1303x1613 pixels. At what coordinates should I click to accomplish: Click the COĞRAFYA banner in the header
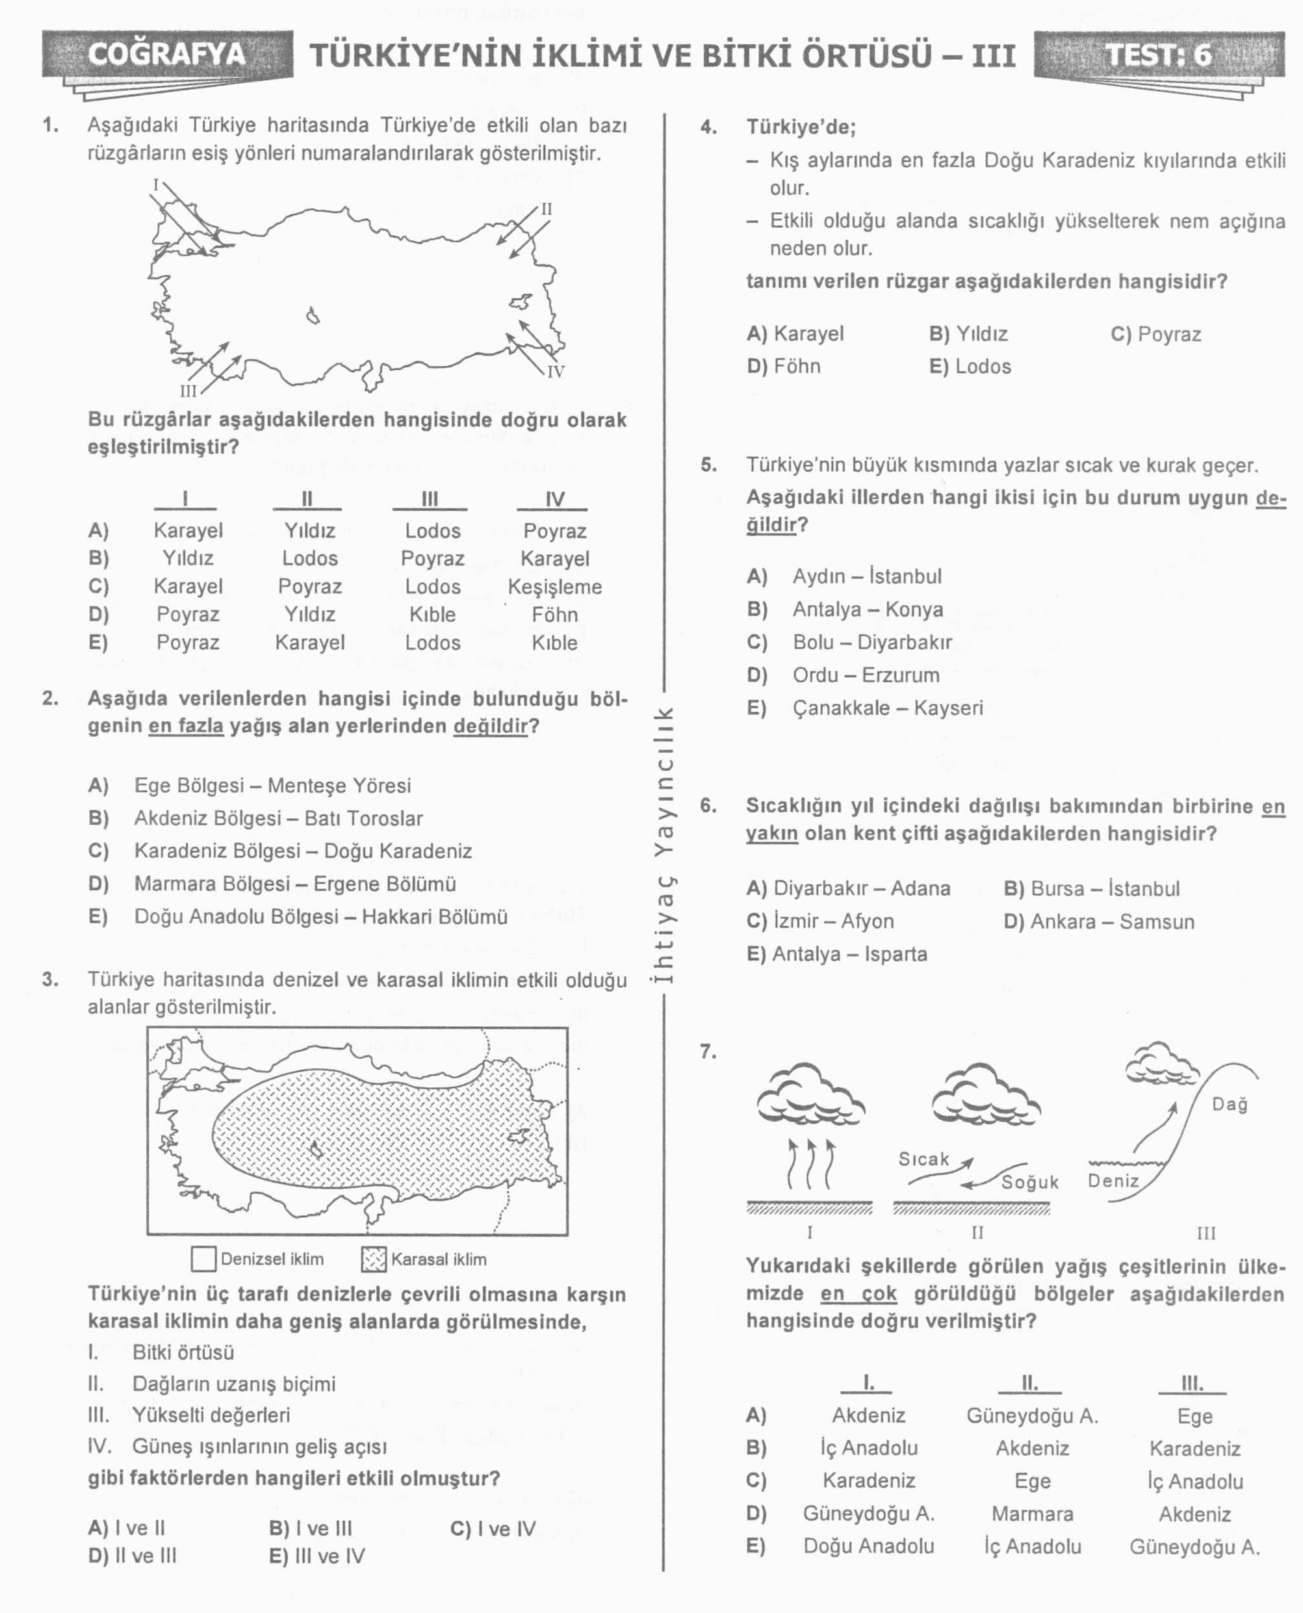(x=166, y=55)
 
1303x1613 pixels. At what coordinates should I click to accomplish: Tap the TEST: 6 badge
(x=1159, y=55)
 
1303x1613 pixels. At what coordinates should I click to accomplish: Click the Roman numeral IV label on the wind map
(x=556, y=371)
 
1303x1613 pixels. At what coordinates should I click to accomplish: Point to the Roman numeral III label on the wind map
(x=188, y=391)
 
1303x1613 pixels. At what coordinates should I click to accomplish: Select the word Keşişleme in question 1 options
(x=555, y=586)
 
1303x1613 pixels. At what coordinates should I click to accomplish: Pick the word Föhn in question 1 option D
(x=555, y=615)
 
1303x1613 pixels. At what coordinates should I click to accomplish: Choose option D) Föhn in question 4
(x=784, y=367)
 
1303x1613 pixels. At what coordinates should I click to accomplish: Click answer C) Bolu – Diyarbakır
(x=849, y=641)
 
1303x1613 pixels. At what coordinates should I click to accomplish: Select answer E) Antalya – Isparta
(x=836, y=954)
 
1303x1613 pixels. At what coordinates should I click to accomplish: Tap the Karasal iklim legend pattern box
(x=373, y=1259)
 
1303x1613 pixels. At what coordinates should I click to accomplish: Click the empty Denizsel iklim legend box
(x=203, y=1259)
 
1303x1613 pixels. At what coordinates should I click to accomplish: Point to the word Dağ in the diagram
(x=1230, y=1104)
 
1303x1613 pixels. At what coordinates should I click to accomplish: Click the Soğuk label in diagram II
(x=1030, y=1182)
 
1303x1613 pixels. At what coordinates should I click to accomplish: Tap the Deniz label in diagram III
(x=1113, y=1181)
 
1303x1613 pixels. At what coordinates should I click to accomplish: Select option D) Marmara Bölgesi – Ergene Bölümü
(x=272, y=883)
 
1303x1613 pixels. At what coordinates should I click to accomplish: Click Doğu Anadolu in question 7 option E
(x=868, y=1546)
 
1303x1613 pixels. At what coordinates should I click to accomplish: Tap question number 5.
(x=708, y=465)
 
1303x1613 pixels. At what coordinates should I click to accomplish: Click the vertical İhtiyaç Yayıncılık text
(x=664, y=844)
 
